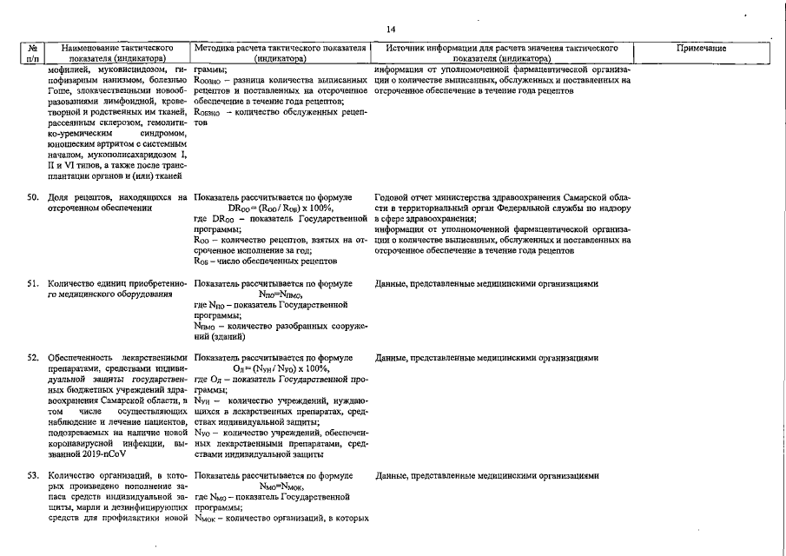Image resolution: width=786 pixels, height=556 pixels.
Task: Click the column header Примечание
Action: coord(701,49)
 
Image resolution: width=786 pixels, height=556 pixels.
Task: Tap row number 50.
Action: coord(32,198)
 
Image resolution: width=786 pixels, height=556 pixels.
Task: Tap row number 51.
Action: coord(32,283)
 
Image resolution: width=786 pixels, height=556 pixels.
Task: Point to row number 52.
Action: coord(32,358)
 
